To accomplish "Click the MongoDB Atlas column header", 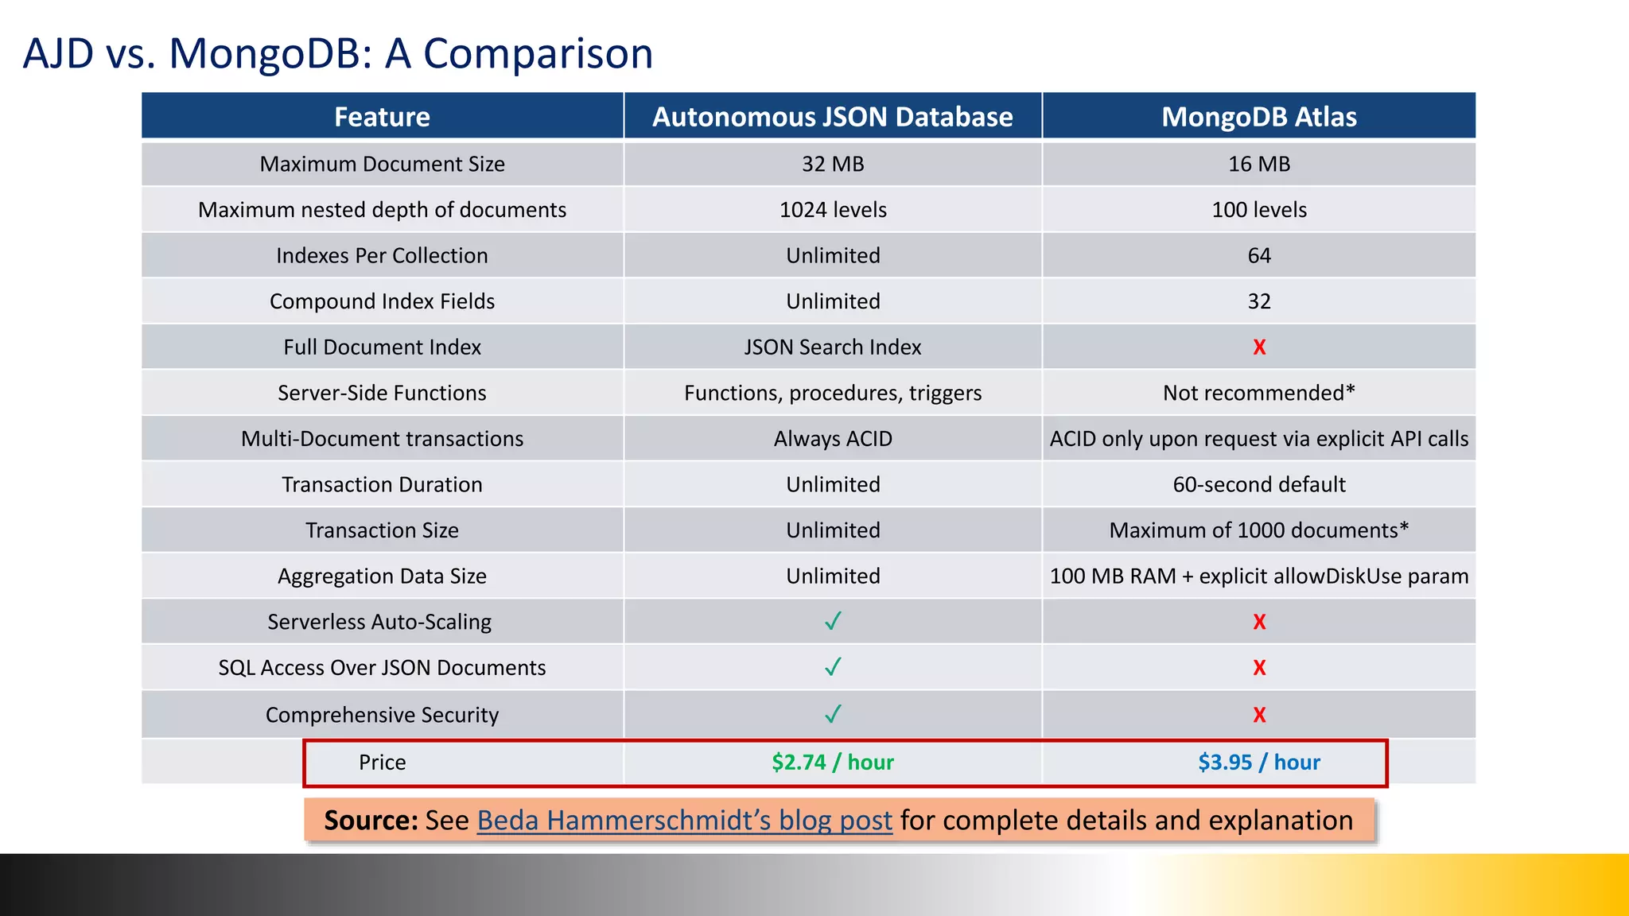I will [x=1258, y=117].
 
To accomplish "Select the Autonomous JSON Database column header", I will [x=832, y=117].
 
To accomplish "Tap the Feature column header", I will [x=382, y=117].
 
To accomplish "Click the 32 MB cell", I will [x=833, y=164].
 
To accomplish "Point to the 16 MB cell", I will [x=1258, y=164].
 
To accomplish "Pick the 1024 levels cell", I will [x=833, y=210].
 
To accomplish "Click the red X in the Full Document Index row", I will [x=1259, y=347].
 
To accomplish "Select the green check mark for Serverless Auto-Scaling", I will [x=833, y=621].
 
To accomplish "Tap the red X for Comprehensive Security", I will [x=1259, y=715].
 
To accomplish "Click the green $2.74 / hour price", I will [x=832, y=763].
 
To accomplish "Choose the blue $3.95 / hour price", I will [x=1258, y=763].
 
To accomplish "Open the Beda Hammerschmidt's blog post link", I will [x=684, y=821].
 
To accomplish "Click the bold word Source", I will [x=370, y=821].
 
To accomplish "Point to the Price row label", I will [x=382, y=763].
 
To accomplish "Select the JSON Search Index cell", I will [x=832, y=347].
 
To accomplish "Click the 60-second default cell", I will [x=1258, y=484].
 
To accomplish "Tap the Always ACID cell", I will [x=833, y=439].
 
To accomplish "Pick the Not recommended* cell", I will [x=1258, y=393].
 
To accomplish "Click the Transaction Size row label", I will [x=382, y=530].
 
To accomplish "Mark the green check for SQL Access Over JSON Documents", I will [x=833, y=667].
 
